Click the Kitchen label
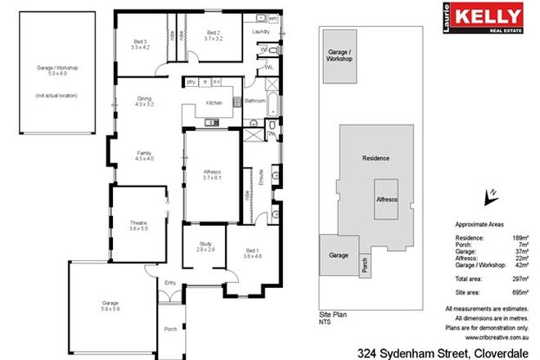pyautogui.click(x=214, y=103)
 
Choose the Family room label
pyautogui.click(x=144, y=153)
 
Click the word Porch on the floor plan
pyautogui.click(x=170, y=331)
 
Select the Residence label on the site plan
pyautogui.click(x=376, y=158)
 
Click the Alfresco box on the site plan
pyautogui.click(x=386, y=199)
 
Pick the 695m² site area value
pyautogui.click(x=513, y=291)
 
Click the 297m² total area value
pyautogui.click(x=513, y=278)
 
